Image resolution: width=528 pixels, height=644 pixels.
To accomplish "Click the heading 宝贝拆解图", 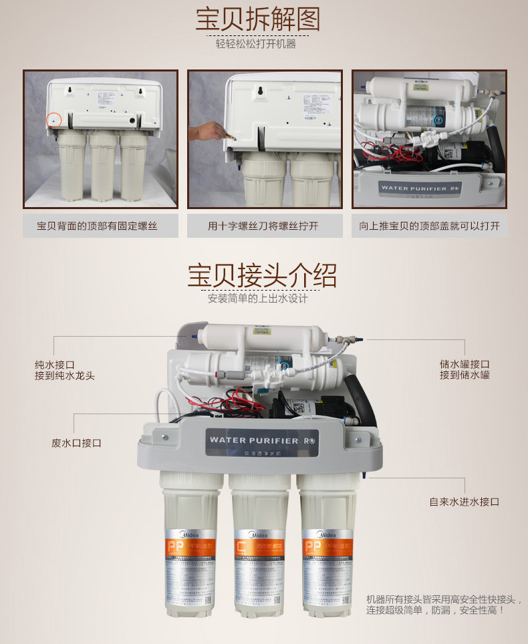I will [257, 19].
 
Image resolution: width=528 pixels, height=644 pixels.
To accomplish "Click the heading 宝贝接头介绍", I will [262, 275].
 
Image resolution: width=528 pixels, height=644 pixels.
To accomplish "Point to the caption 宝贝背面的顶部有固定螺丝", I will [101, 226].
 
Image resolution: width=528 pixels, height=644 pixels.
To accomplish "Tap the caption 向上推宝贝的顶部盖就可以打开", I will [429, 226].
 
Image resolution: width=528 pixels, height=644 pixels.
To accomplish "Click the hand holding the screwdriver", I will [204, 131].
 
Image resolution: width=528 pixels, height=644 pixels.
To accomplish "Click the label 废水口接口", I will [76, 443].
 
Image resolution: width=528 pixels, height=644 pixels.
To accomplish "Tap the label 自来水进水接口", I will [464, 502].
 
